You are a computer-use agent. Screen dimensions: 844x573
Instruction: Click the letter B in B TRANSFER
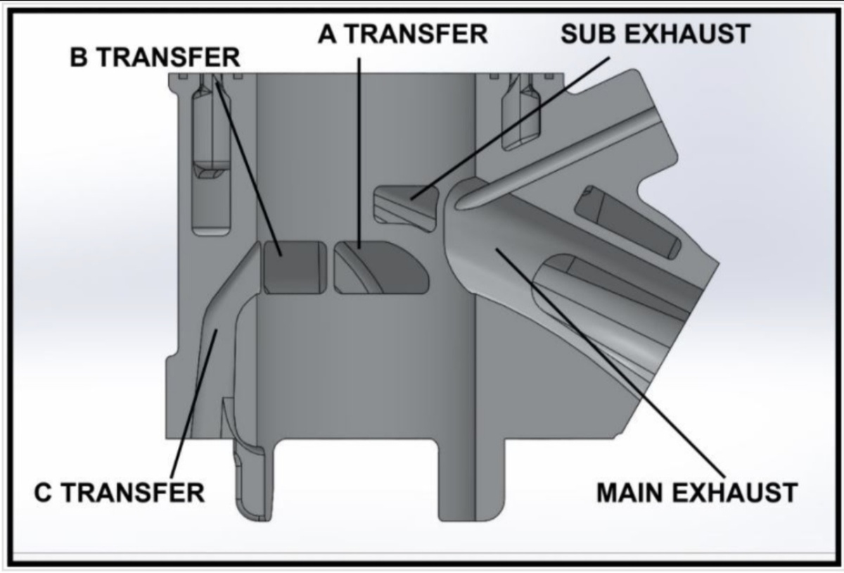[78, 58]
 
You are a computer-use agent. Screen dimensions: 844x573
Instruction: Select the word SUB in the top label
[589, 34]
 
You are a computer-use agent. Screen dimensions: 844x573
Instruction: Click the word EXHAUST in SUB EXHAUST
[687, 34]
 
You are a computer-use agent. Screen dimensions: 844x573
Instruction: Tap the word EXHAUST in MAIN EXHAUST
[734, 493]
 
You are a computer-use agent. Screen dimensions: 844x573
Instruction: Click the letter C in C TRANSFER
[43, 493]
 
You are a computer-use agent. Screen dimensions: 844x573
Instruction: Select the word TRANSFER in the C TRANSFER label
[133, 493]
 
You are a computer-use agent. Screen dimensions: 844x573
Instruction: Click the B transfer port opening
[295, 267]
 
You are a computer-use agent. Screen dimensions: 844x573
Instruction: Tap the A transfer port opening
[381, 267]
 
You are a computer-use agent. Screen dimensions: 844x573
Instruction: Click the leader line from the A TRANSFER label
[359, 153]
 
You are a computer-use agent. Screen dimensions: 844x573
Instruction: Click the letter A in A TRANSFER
[327, 34]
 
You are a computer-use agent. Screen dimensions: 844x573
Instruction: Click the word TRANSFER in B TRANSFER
[170, 58]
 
